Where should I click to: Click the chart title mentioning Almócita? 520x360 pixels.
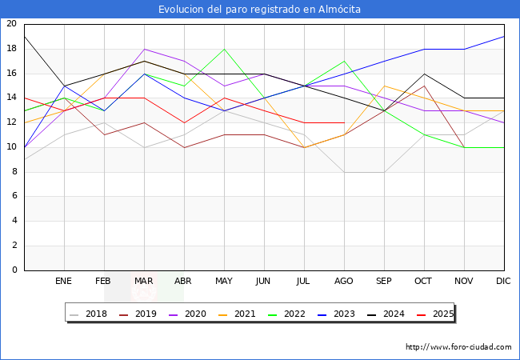(x=259, y=10)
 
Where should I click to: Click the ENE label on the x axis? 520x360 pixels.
(x=64, y=282)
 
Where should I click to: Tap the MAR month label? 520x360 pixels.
(x=144, y=282)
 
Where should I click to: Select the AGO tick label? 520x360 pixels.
(x=344, y=282)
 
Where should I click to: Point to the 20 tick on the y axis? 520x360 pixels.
(x=11, y=24)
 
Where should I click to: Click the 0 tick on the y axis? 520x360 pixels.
(x=14, y=270)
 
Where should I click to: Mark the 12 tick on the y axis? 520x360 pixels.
(x=11, y=122)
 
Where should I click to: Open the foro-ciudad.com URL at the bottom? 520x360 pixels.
(x=458, y=347)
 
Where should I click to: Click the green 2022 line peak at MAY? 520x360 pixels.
(x=224, y=49)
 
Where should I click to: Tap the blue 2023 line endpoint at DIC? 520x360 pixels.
(x=504, y=37)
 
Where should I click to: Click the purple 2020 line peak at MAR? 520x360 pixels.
(x=144, y=49)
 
